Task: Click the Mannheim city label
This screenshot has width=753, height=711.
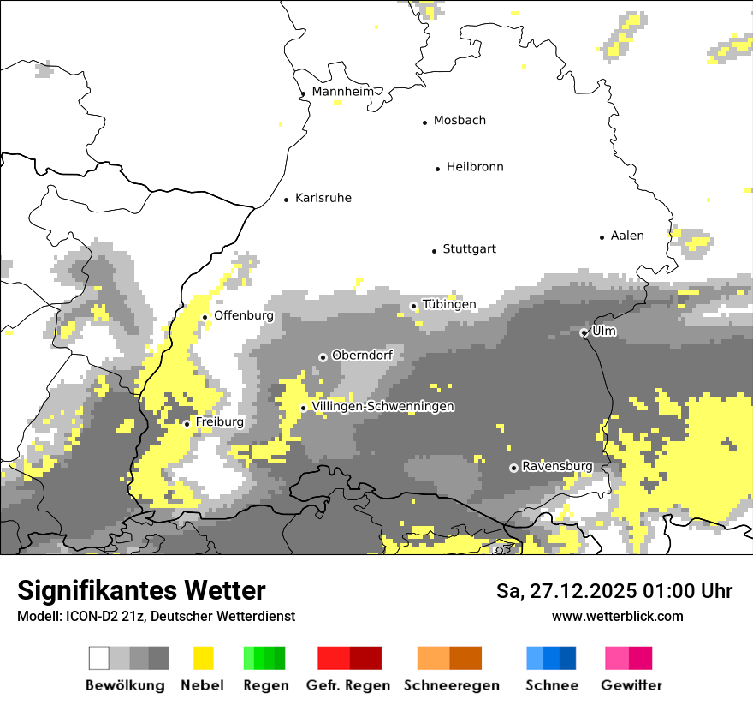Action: tap(343, 92)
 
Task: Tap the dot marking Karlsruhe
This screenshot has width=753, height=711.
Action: tap(287, 200)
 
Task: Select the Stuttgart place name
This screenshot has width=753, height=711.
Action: tap(469, 249)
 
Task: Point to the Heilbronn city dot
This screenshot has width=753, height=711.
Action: tap(437, 169)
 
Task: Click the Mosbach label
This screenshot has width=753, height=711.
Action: tap(460, 121)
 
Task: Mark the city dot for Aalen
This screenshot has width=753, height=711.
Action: tap(602, 237)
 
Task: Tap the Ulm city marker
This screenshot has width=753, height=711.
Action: tap(584, 332)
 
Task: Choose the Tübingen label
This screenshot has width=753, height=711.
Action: tap(449, 305)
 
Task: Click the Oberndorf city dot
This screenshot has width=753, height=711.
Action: tap(323, 357)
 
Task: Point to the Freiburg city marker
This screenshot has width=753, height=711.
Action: tap(187, 424)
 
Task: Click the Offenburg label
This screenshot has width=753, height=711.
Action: tap(244, 315)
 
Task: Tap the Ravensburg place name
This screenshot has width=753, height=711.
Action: tap(557, 466)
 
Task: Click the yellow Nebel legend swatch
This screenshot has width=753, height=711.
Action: tap(204, 658)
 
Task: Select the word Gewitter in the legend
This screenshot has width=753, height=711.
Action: tap(631, 685)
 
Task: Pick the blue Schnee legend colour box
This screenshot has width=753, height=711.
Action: tap(551, 658)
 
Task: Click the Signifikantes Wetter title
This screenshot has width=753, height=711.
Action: tap(141, 591)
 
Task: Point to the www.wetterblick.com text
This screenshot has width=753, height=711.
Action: tap(617, 616)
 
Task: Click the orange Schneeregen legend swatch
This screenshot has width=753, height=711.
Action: tap(449, 658)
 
